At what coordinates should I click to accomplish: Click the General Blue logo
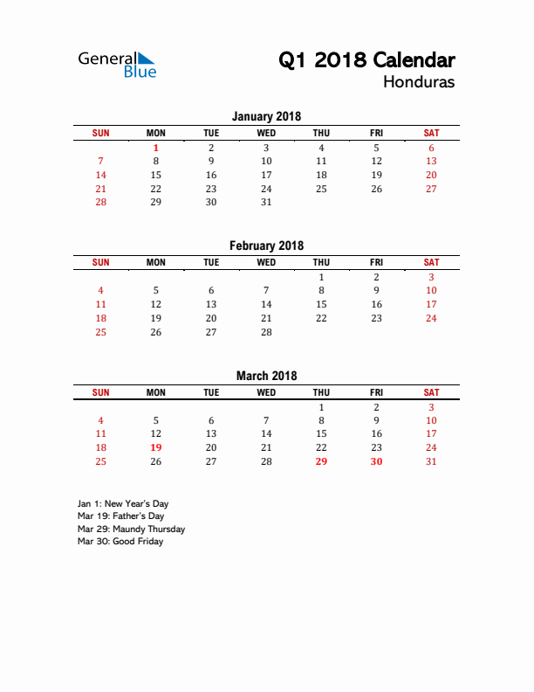pos(117,64)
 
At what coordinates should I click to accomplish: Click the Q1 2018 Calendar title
pos(366,60)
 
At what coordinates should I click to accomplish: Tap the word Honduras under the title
pos(418,83)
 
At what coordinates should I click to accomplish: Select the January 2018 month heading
pos(266,116)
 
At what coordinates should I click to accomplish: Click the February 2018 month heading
pos(266,246)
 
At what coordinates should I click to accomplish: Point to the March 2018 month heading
pos(266,376)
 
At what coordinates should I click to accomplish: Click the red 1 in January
pos(156,148)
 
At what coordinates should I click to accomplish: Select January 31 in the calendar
pos(266,202)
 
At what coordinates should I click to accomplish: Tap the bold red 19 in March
pos(156,447)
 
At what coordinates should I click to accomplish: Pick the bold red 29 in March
pos(321,461)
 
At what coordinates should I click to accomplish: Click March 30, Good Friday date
pos(376,461)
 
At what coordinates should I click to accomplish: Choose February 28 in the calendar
pos(266,332)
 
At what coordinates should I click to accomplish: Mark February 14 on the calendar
pos(266,304)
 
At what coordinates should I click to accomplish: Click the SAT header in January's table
pos(431,133)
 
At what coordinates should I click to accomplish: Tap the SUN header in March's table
pos(101,392)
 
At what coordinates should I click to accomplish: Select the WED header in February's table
pos(266,262)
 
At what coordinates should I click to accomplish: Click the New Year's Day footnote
pos(123,504)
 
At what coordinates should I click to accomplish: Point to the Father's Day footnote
pos(120,516)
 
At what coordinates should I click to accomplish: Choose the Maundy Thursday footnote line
pos(131,529)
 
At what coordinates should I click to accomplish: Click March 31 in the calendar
pos(431,461)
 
